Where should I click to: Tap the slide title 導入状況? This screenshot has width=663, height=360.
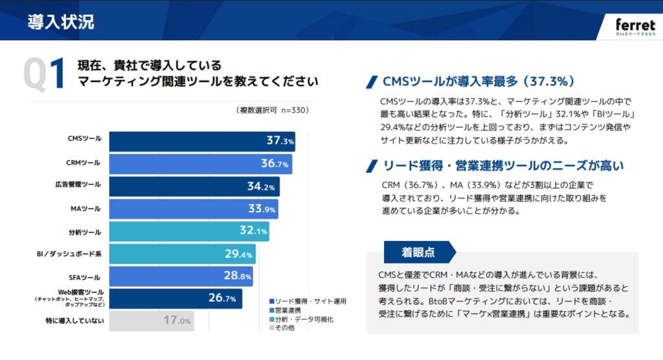[61, 21]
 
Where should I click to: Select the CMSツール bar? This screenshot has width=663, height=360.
[201, 141]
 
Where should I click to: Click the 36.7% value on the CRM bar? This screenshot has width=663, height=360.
[275, 164]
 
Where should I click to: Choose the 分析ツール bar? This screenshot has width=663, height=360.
[188, 231]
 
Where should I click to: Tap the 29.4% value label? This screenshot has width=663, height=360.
[238, 254]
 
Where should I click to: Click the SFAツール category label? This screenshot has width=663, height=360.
[85, 276]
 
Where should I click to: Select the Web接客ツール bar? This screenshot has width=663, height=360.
[175, 298]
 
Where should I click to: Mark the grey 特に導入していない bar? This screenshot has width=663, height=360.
[151, 321]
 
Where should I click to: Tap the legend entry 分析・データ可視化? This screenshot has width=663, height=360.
[300, 320]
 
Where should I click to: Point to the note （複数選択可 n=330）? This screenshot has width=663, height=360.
[273, 111]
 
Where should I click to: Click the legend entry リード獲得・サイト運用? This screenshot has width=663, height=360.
[308, 302]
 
